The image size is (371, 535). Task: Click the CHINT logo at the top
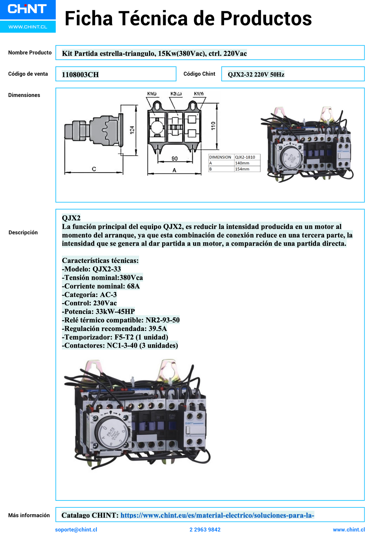(x=27, y=9)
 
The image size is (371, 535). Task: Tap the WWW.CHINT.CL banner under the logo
(x=28, y=27)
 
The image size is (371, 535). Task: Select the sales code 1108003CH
(x=80, y=75)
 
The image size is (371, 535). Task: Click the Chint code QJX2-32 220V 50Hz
(x=256, y=75)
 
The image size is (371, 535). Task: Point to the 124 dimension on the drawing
(x=132, y=130)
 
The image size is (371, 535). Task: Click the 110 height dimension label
(x=213, y=126)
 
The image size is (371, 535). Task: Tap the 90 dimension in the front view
(x=174, y=159)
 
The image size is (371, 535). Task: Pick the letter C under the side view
(x=94, y=169)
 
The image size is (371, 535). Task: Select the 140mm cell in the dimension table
(x=242, y=163)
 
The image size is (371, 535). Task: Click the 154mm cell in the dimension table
(x=242, y=169)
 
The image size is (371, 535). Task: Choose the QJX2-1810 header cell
(x=245, y=157)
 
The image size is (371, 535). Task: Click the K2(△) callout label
(x=176, y=94)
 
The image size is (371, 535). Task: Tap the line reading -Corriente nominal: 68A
(x=101, y=286)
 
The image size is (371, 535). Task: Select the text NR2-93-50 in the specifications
(x=163, y=320)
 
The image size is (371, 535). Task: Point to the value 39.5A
(x=158, y=329)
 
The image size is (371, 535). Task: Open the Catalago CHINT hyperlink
(x=217, y=515)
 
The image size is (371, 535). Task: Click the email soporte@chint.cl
(x=76, y=530)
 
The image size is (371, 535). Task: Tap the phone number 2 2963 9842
(x=205, y=530)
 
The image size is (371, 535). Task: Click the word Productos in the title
(x=266, y=18)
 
